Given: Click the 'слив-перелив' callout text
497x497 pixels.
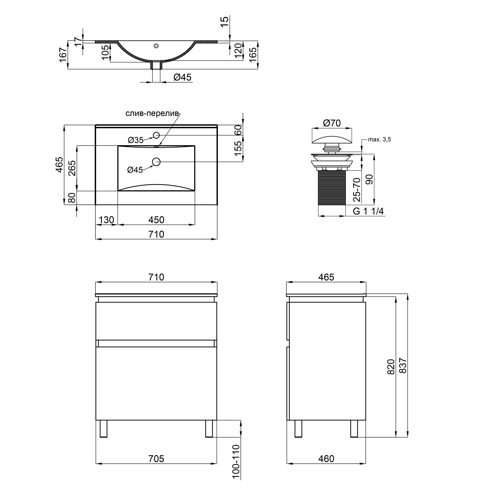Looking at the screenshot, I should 152,114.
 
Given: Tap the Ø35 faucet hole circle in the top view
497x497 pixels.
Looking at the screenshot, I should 156,135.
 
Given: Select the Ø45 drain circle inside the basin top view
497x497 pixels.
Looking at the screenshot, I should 156,162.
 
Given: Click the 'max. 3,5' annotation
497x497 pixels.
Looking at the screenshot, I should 379,140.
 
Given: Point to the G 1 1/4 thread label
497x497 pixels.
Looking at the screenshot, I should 368,211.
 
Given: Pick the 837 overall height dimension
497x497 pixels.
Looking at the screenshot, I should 403,366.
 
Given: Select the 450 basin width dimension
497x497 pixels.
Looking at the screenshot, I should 156,220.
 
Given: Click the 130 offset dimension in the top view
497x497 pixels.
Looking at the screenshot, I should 106,220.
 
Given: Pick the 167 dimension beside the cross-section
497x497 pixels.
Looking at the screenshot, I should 63,54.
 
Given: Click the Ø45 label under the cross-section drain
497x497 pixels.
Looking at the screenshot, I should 182,77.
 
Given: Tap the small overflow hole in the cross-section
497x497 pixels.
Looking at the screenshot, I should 156,46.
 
